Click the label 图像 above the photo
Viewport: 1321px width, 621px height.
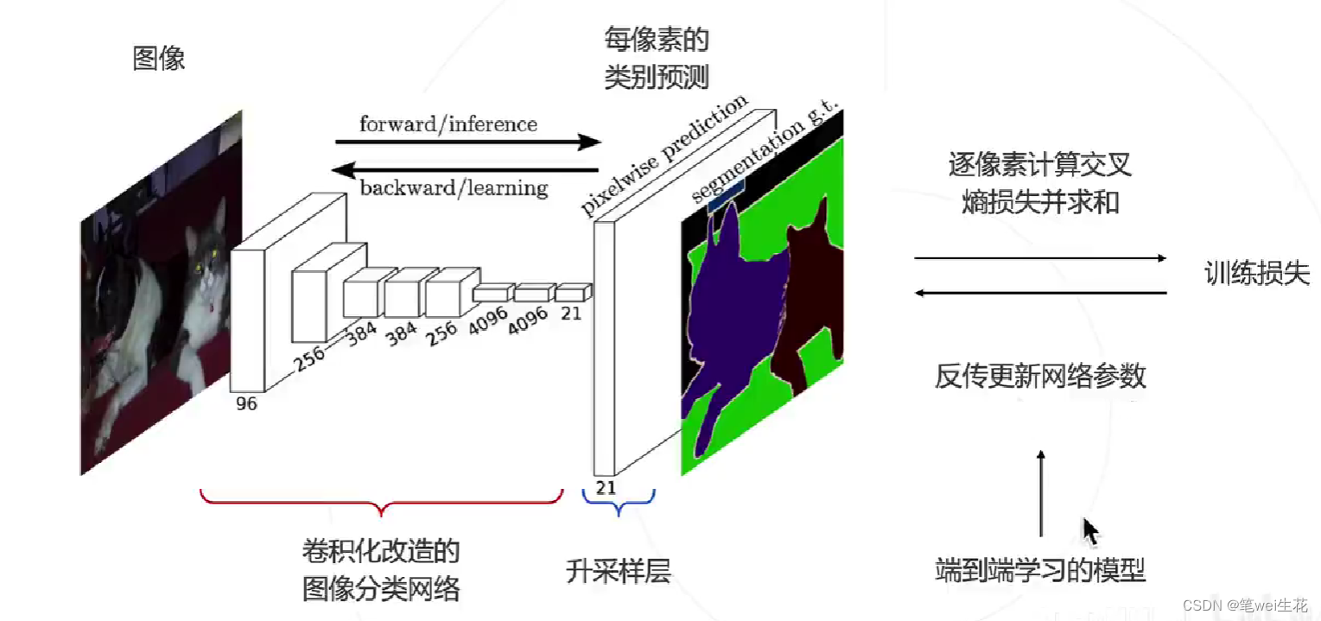pyautogui.click(x=159, y=60)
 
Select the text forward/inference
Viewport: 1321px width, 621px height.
pyautogui.click(x=448, y=124)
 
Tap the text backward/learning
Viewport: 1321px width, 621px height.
pyautogui.click(x=454, y=187)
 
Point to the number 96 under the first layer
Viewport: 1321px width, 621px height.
pyautogui.click(x=246, y=403)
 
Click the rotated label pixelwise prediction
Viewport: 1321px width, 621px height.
pyautogui.click(x=663, y=155)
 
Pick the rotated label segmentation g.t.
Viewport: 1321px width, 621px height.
pyautogui.click(x=765, y=156)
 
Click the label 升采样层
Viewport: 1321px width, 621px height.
pyautogui.click(x=618, y=571)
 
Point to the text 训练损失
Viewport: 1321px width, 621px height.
pyautogui.click(x=1257, y=275)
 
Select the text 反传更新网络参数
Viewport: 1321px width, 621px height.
pyautogui.click(x=1040, y=377)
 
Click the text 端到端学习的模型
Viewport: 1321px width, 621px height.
pyautogui.click(x=1040, y=571)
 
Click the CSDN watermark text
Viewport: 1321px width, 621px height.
pyautogui.click(x=1245, y=605)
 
